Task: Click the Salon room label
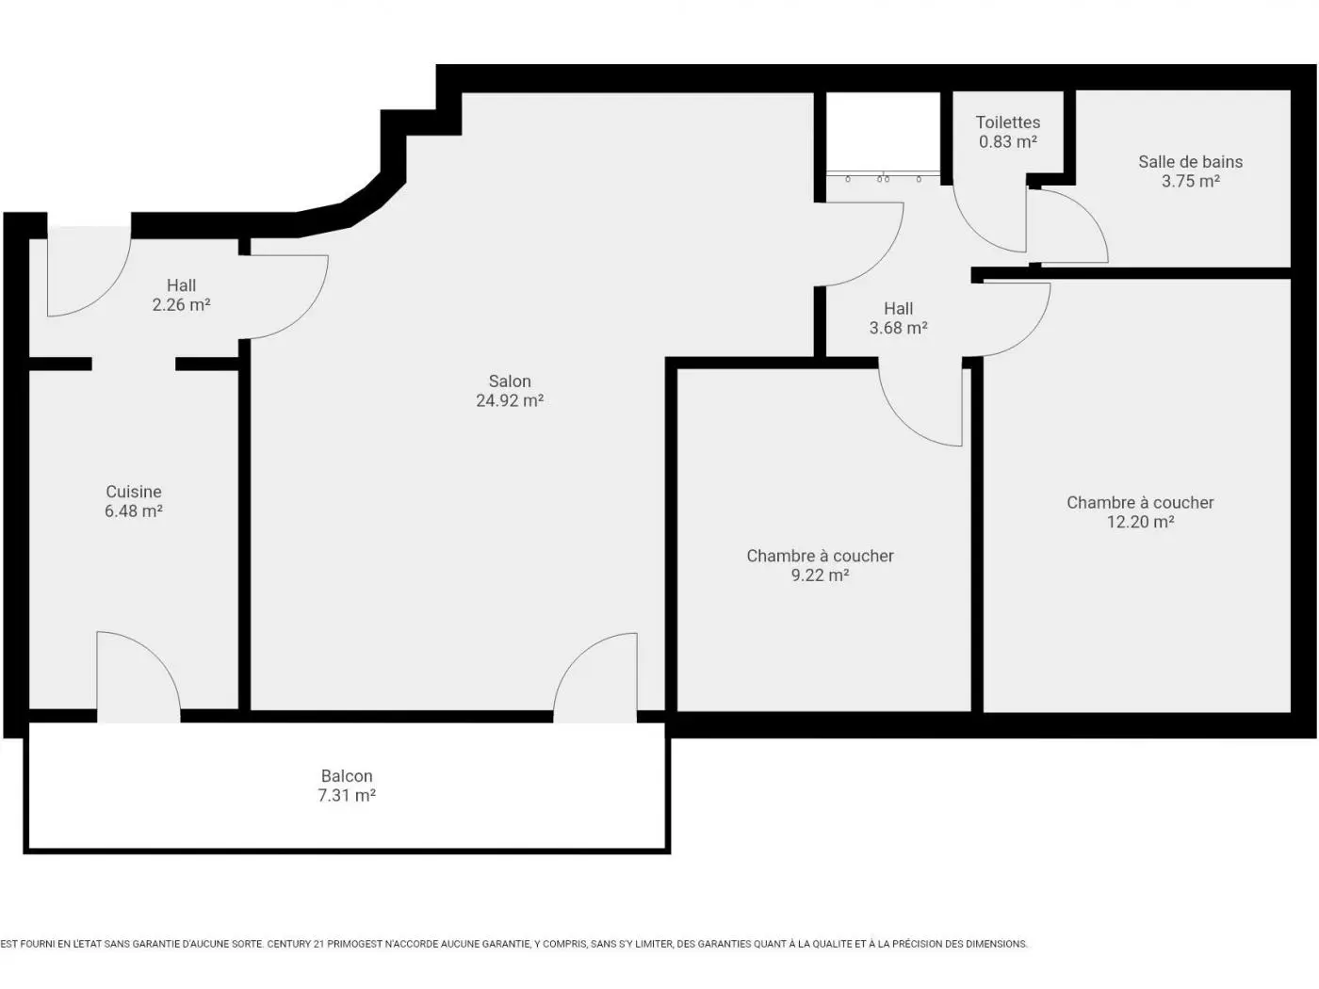tap(510, 381)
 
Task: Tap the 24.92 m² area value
tap(510, 401)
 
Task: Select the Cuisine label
tap(134, 492)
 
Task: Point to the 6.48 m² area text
tap(134, 511)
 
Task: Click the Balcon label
tap(347, 776)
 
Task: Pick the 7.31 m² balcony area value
tap(347, 796)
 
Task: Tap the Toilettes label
tap(1008, 122)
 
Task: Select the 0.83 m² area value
tap(1008, 142)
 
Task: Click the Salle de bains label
tap(1190, 162)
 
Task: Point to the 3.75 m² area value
tap(1190, 181)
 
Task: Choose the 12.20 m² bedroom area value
tap(1140, 523)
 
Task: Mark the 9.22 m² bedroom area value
tap(820, 576)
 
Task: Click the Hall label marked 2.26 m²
tap(182, 285)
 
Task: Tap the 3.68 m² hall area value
tap(898, 329)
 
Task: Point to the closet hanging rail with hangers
tap(883, 176)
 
